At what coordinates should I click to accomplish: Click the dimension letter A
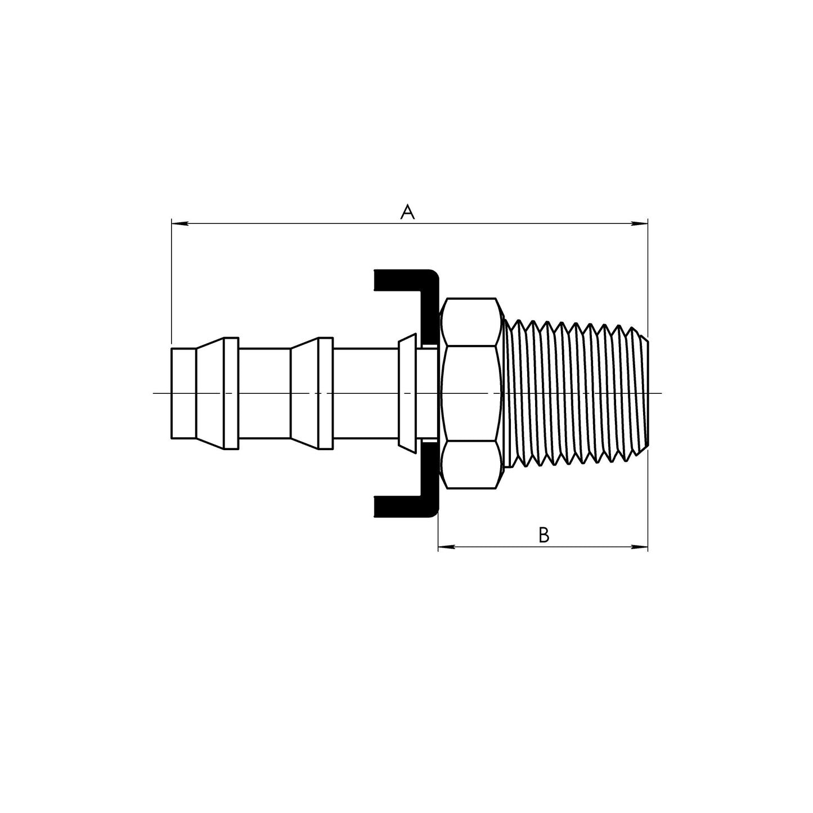point(407,212)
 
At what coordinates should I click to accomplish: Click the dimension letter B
point(543,534)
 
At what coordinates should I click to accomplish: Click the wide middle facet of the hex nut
point(471,393)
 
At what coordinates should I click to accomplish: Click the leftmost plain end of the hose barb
point(183,393)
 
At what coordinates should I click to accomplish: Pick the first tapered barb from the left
point(210,393)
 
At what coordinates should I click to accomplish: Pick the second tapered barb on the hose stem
point(304,393)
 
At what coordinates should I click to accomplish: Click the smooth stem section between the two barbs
point(264,393)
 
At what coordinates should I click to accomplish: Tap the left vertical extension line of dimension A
point(171,281)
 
